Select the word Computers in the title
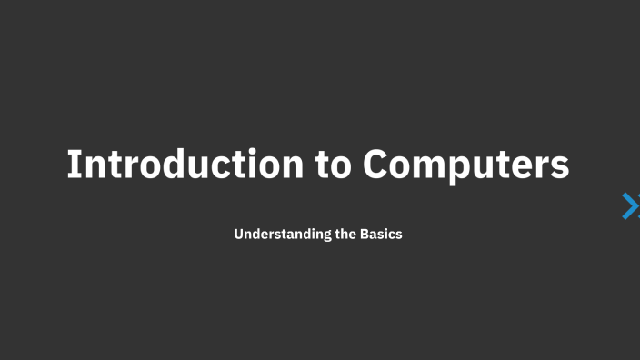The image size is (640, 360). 466,165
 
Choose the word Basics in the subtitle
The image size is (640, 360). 382,234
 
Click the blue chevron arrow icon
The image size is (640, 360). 629,206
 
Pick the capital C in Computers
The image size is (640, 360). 376,165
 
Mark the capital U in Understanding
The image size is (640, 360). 239,234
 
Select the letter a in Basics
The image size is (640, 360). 375,235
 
